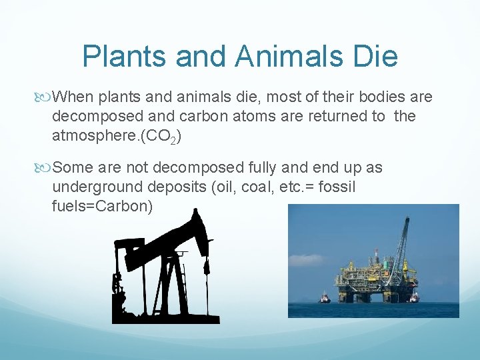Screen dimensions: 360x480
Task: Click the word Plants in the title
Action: [x=124, y=57]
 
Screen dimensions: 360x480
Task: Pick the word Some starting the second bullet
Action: [x=72, y=167]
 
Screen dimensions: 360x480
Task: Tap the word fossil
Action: [x=335, y=187]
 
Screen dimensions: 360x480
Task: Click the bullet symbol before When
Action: [x=45, y=98]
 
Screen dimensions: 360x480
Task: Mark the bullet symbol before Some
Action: [x=45, y=168]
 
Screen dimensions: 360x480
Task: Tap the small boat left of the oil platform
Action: [x=325, y=298]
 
